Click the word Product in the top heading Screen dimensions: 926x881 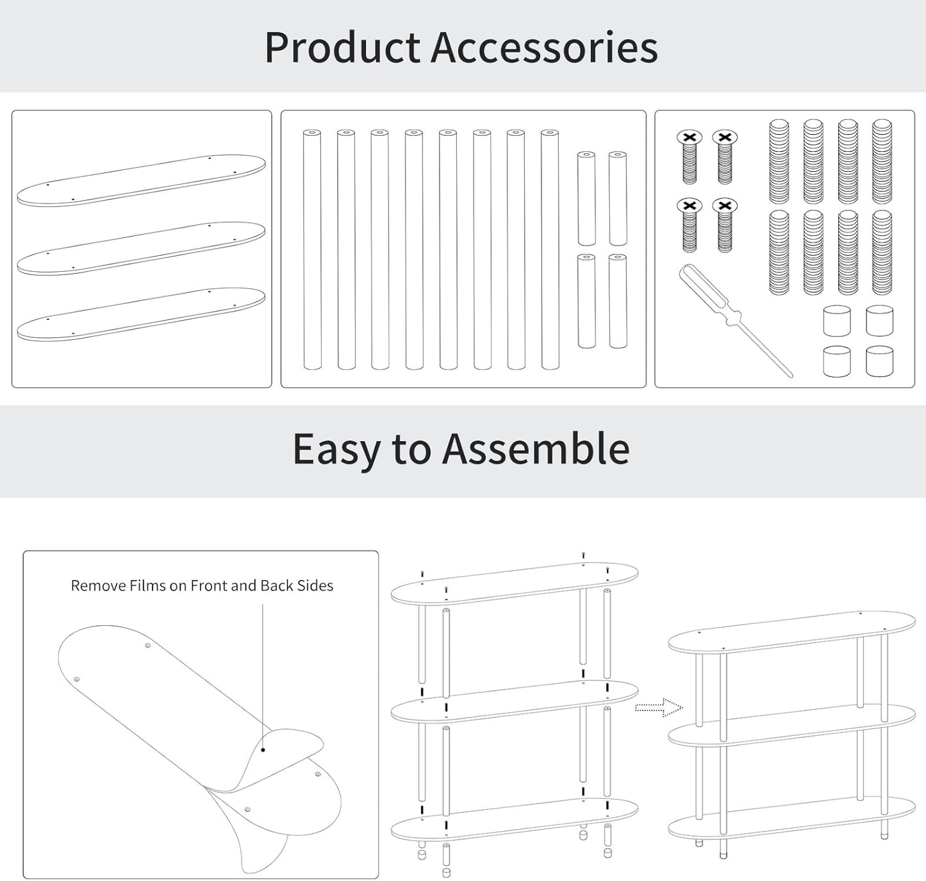342,47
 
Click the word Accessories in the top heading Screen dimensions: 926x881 545,47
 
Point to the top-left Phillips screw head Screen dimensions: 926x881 690,137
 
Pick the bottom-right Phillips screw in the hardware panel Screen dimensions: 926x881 725,225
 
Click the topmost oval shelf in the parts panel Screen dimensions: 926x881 141,180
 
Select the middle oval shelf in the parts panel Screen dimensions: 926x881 141,248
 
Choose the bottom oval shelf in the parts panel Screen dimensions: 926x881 141,314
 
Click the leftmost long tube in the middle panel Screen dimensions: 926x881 312,249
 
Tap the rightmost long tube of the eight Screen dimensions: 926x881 550,249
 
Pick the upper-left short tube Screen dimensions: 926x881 586,198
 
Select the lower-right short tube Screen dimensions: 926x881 618,301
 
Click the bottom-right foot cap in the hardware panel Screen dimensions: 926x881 879,362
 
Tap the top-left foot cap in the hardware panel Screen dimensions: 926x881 837,321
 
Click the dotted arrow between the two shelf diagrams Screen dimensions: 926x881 659,707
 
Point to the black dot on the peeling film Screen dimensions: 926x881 263,750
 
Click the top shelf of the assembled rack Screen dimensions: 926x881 792,632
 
